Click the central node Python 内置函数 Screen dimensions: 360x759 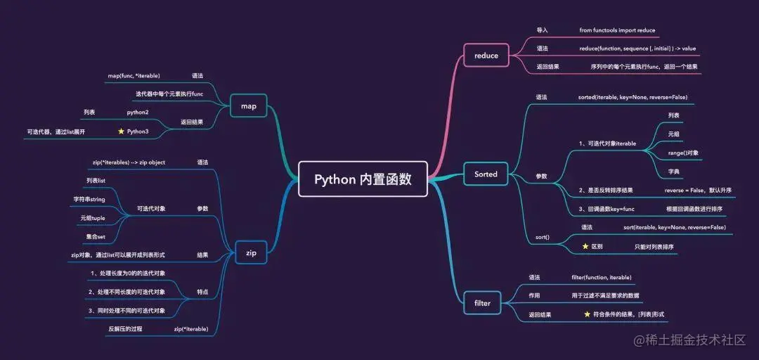(x=363, y=179)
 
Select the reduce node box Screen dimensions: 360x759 (x=486, y=56)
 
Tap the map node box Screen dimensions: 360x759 (x=249, y=107)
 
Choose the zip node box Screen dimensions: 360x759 (x=251, y=252)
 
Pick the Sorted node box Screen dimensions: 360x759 (x=486, y=174)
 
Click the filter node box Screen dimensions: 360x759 (x=482, y=303)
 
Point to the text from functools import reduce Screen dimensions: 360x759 (x=617, y=30)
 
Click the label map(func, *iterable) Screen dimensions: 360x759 (x=134, y=75)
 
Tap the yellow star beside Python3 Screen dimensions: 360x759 (x=121, y=131)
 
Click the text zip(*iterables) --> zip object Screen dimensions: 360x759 (x=129, y=162)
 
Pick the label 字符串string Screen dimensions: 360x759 (x=89, y=200)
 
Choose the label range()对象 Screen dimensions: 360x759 (x=683, y=153)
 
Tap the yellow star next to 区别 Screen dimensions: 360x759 (x=585, y=247)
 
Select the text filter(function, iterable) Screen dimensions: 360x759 (x=602, y=277)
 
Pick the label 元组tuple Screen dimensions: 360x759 (x=93, y=218)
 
